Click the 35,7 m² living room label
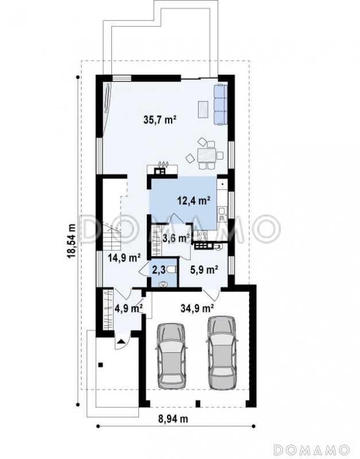tap(160, 119)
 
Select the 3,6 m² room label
tap(176, 238)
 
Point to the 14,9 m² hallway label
tap(124, 258)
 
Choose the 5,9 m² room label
tap(204, 270)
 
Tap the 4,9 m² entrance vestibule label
tap(129, 308)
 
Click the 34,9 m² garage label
tap(197, 308)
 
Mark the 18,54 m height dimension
tap(71, 240)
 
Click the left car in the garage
tap(171, 356)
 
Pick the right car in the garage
tap(222, 353)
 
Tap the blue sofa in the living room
tap(220, 104)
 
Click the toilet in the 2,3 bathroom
tap(173, 270)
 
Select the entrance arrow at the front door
tap(122, 341)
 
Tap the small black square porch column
tap(100, 365)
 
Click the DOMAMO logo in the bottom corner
tap(311, 449)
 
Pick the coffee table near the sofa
tap(203, 109)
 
